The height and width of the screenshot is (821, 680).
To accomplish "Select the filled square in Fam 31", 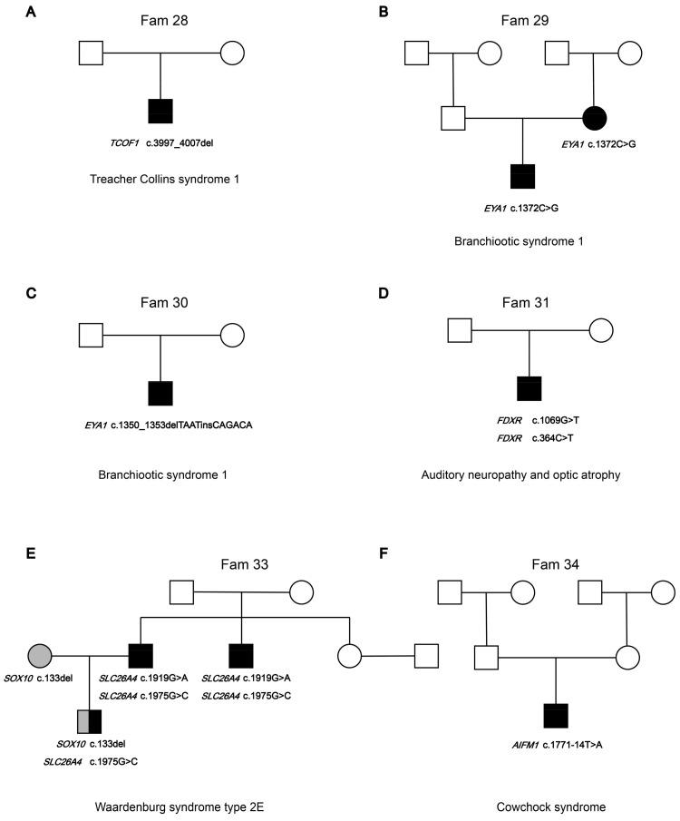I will pos(529,387).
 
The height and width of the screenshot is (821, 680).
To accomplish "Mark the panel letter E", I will pos(8,552).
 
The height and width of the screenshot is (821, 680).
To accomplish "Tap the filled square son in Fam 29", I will pos(523,178).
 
